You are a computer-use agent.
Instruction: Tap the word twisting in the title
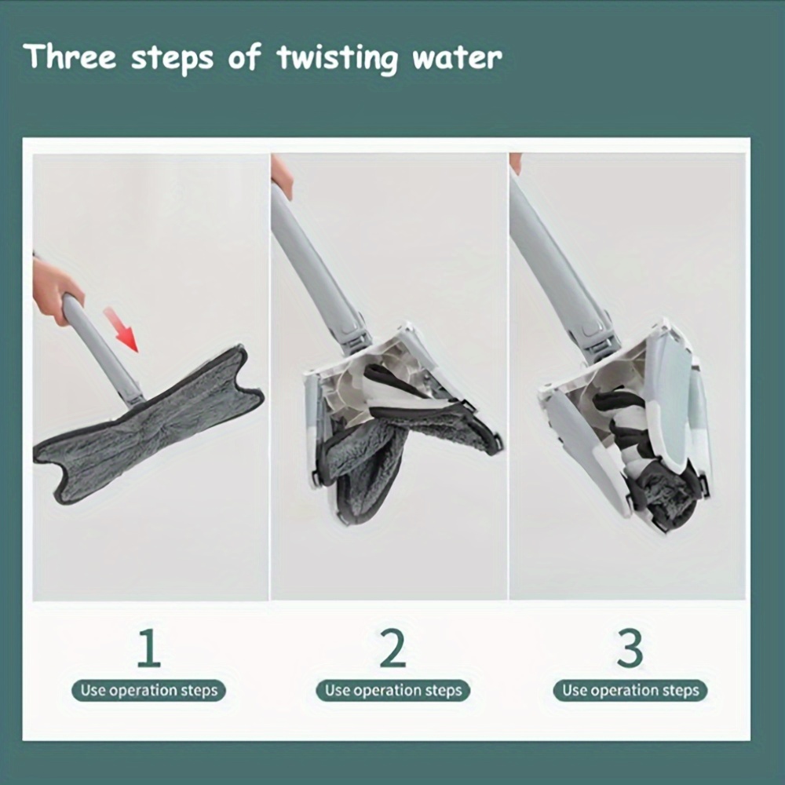point(338,59)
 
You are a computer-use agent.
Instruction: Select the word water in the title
point(457,58)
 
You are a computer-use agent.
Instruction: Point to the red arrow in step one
point(121,330)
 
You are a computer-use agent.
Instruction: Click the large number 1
point(149,648)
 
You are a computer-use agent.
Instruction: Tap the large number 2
point(392,648)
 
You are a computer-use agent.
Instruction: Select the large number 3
point(630,648)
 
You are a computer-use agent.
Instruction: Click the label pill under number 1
point(148,690)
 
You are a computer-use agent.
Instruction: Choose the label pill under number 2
point(393,690)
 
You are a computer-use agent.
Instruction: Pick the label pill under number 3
point(630,690)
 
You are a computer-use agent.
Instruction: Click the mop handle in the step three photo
point(556,265)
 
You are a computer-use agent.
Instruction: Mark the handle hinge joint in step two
point(355,334)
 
